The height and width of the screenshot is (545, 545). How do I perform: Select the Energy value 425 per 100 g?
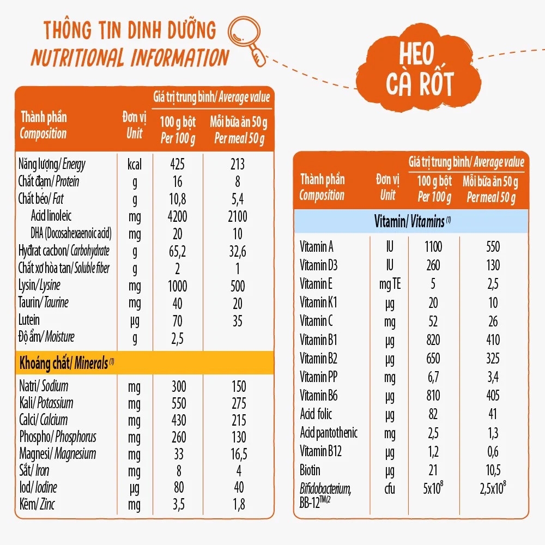[x=177, y=164]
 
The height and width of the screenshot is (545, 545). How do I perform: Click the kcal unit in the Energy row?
[x=134, y=164]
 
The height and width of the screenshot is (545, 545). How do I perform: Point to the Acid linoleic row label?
[x=51, y=216]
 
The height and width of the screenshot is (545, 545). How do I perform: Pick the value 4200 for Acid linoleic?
[x=177, y=216]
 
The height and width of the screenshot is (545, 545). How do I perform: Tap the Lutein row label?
[x=29, y=320]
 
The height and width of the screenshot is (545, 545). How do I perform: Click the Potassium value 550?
[x=177, y=404]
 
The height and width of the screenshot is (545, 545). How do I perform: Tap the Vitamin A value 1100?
[x=433, y=247]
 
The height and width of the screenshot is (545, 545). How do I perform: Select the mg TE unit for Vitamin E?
[x=389, y=284]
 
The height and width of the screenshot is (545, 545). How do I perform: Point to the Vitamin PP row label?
[x=319, y=377]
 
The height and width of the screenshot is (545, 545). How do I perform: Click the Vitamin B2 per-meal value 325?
[x=493, y=359]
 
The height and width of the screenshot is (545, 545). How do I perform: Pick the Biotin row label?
[x=310, y=470]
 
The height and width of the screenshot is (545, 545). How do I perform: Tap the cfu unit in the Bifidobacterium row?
[x=389, y=489]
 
